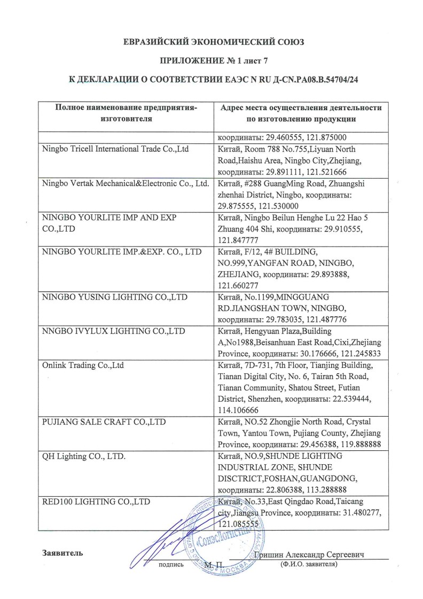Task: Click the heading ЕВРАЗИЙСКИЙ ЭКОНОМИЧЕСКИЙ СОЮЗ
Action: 211,41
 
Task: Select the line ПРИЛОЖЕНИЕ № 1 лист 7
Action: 211,60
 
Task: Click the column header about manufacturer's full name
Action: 126,113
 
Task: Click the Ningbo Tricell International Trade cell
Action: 115,149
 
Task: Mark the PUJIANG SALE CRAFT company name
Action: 104,423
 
